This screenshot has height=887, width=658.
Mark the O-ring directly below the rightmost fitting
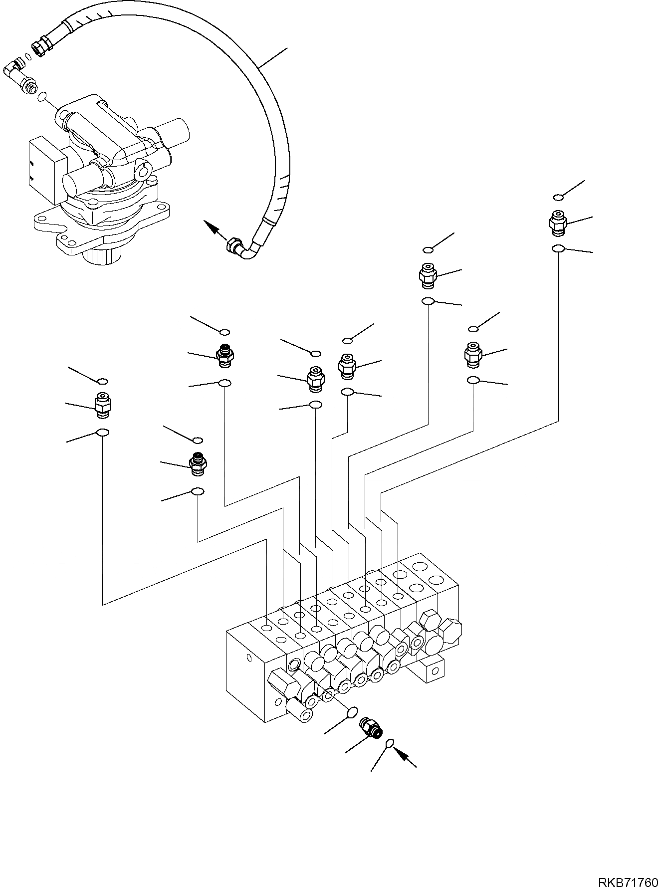click(558, 249)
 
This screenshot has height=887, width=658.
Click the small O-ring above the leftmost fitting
click(102, 382)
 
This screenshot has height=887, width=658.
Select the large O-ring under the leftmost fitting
click(102, 433)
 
